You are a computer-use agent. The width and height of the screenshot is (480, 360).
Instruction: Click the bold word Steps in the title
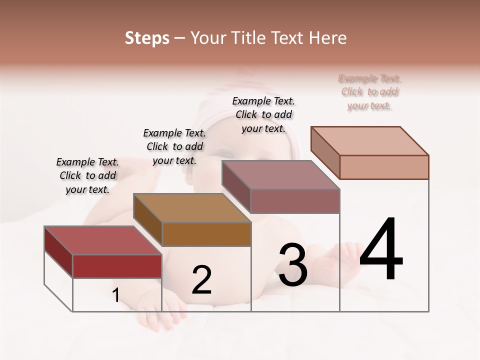click(146, 38)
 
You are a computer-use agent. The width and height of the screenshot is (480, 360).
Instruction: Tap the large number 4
click(381, 250)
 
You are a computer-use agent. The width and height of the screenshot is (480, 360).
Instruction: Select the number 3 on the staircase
click(292, 265)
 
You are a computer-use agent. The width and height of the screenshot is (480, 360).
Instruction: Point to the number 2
click(201, 280)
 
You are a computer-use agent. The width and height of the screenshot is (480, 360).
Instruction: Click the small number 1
click(115, 295)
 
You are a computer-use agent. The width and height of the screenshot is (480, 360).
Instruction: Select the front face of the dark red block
click(117, 266)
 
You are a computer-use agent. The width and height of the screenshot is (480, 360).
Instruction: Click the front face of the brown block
click(206, 234)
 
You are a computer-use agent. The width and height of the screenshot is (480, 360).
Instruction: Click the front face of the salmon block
click(384, 167)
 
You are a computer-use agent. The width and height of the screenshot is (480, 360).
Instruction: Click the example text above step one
click(87, 175)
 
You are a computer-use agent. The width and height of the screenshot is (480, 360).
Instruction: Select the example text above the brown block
click(174, 146)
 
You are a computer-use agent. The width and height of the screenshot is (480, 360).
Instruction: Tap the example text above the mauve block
click(263, 114)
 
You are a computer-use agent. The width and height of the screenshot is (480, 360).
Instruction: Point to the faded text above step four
click(369, 92)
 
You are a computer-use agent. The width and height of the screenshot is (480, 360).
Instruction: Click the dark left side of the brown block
click(148, 220)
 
